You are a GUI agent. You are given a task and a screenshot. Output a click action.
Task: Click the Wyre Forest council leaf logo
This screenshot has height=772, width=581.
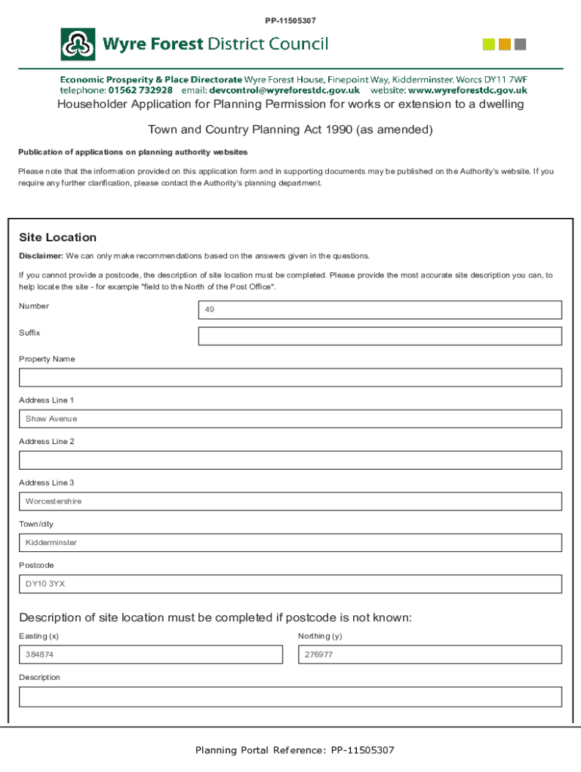point(78,44)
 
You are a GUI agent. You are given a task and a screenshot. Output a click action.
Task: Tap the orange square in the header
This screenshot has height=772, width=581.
point(505,44)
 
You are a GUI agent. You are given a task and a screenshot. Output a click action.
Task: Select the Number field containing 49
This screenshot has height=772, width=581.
point(380,310)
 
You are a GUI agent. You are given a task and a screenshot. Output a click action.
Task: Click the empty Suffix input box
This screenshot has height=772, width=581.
point(380,336)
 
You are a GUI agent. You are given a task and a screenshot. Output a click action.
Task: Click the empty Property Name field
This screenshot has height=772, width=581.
point(290,378)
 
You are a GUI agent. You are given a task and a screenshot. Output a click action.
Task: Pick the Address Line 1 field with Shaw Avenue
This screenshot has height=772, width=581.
point(290,419)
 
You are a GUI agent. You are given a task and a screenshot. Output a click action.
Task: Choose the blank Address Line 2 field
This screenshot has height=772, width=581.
point(290,460)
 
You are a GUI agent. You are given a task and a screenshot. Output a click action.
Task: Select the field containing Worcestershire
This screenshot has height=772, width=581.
point(290,501)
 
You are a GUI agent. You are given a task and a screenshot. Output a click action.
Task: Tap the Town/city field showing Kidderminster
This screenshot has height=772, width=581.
point(290,543)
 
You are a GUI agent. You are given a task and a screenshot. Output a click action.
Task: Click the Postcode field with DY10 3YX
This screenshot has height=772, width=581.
point(290,584)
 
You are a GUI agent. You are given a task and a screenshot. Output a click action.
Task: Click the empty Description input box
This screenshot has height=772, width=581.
point(290,697)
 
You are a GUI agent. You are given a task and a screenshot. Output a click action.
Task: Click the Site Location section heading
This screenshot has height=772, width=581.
point(58,237)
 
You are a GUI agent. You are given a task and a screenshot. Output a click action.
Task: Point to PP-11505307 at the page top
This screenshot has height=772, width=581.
point(290,20)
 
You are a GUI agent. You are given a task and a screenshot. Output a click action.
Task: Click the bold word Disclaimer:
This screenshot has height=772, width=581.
point(41,256)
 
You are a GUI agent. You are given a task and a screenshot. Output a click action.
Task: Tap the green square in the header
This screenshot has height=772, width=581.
point(489,44)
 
